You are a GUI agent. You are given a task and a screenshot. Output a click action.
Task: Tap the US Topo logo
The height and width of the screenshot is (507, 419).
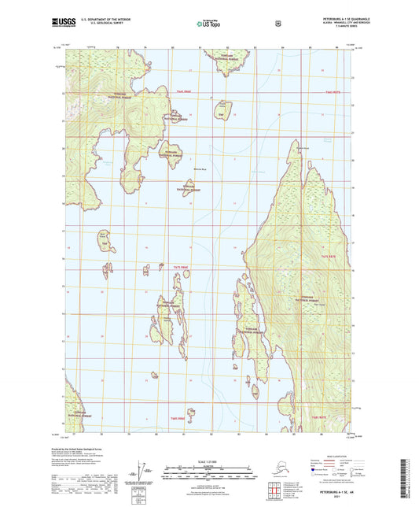(x=209, y=24)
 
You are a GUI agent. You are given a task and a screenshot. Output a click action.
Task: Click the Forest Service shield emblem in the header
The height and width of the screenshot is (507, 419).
(x=277, y=24)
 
